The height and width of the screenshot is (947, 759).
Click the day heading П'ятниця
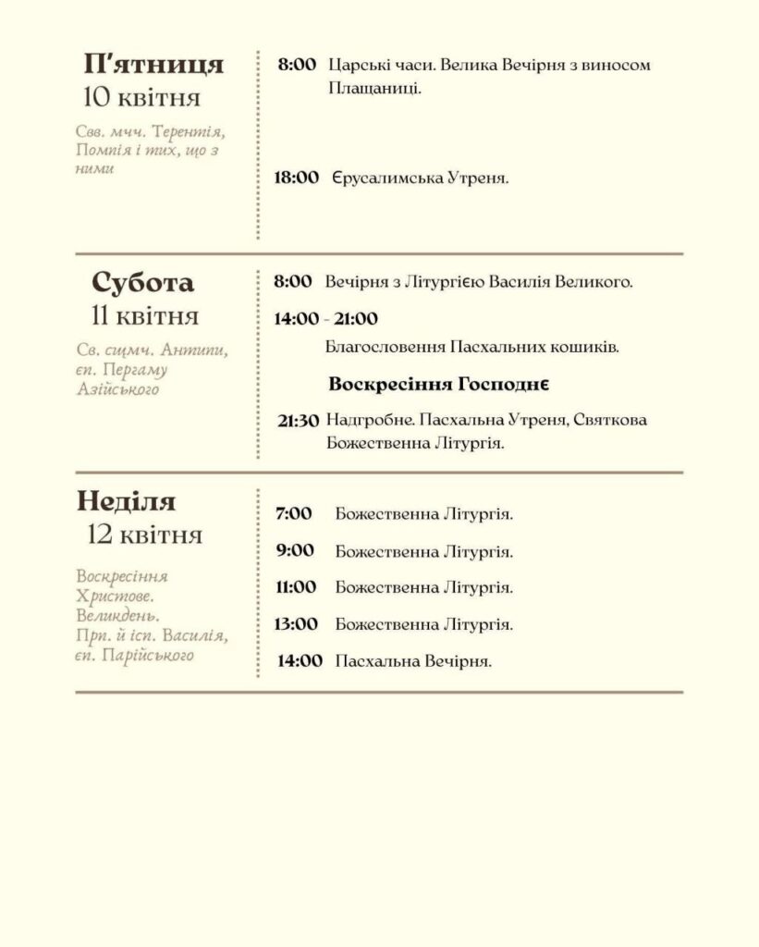[x=153, y=64]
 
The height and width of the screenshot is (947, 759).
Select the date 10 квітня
[x=141, y=96]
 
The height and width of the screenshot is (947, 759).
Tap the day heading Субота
[x=142, y=282]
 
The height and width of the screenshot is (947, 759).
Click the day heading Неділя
[x=127, y=501]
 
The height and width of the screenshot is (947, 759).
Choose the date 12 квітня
[x=144, y=535]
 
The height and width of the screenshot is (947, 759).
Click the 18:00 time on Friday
[x=296, y=177]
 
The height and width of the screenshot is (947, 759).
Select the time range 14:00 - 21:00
[x=325, y=319]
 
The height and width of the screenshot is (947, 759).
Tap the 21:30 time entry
[x=298, y=421]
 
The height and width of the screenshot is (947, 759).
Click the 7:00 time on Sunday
[x=294, y=513]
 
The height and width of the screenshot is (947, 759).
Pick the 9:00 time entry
[x=295, y=550]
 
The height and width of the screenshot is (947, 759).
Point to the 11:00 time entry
[x=295, y=586]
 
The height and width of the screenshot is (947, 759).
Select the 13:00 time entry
[x=295, y=623]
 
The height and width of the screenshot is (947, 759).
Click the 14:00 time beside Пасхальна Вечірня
[x=300, y=660]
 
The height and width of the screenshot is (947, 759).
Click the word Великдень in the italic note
[x=118, y=615]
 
